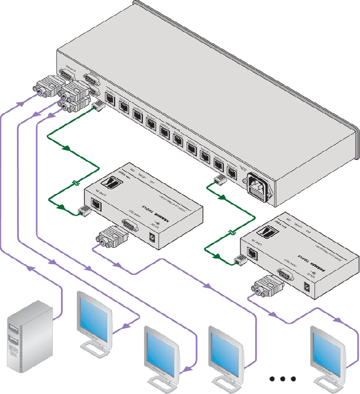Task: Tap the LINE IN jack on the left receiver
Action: pos(96,205)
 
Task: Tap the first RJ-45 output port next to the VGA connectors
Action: pos(109,95)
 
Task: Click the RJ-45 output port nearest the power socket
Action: pos(232,172)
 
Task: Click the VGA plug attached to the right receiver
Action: pos(267,287)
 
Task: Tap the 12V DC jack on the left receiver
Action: pos(153,237)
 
